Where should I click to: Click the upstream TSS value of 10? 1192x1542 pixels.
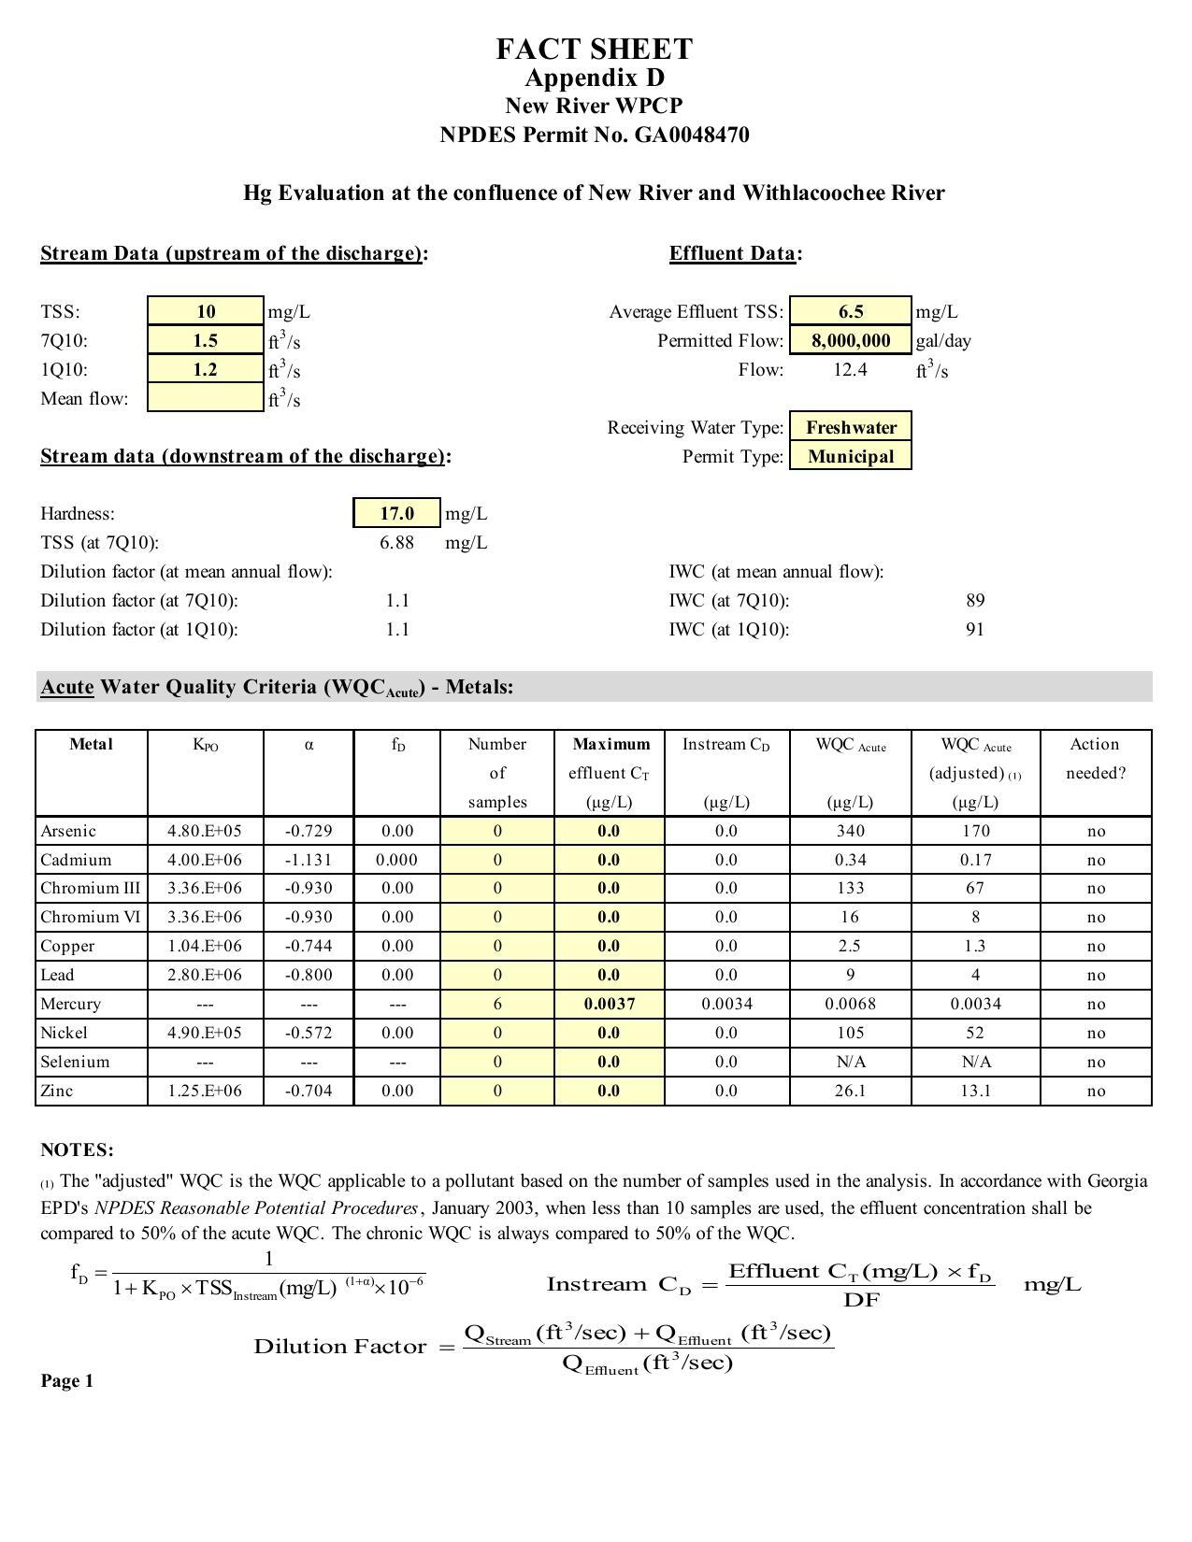click(x=206, y=311)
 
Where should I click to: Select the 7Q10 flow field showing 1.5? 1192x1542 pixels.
click(x=206, y=340)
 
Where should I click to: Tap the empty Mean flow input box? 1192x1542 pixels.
click(x=206, y=398)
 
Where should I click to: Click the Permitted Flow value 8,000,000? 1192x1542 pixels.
click(x=851, y=340)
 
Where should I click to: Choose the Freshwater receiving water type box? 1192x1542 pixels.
click(x=851, y=427)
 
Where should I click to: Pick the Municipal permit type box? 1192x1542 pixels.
click(x=851, y=456)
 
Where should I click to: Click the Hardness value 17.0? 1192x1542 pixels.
click(x=396, y=513)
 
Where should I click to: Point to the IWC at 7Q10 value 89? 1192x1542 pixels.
click(x=975, y=600)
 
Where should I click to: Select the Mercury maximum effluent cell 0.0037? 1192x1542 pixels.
click(x=609, y=1004)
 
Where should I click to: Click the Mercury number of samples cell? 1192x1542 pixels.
click(x=497, y=1004)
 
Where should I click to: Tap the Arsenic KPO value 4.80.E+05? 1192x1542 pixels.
click(x=205, y=831)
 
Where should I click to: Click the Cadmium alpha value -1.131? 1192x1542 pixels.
click(x=309, y=860)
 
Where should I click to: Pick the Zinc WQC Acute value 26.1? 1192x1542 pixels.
click(x=850, y=1091)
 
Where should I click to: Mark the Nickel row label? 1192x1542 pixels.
click(x=64, y=1033)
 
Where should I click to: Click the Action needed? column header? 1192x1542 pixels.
click(x=1095, y=758)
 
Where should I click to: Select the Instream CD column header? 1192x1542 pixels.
click(x=726, y=745)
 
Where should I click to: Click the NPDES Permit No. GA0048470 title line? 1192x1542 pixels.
click(x=595, y=135)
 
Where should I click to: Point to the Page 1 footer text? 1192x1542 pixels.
click(x=67, y=1381)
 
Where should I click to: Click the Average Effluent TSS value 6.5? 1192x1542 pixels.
click(x=851, y=311)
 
